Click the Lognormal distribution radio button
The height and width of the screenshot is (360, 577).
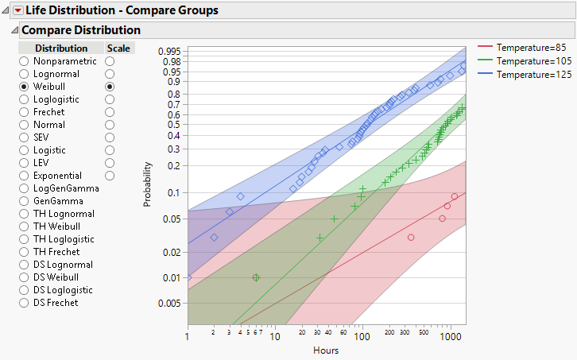[x=25, y=73]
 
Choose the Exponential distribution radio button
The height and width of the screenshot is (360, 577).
[x=25, y=175]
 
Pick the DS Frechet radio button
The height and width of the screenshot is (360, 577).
[x=25, y=302]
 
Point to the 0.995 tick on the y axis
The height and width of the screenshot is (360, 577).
[x=169, y=52]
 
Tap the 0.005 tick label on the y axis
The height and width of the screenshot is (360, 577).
[x=169, y=303]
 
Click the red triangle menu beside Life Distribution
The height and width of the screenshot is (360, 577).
[x=18, y=10]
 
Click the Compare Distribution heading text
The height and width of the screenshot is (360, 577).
[x=80, y=29]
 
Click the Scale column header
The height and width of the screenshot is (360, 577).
[x=119, y=48]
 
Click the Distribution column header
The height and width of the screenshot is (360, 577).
[x=61, y=48]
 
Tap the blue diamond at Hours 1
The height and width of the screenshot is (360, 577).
[x=188, y=277]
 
